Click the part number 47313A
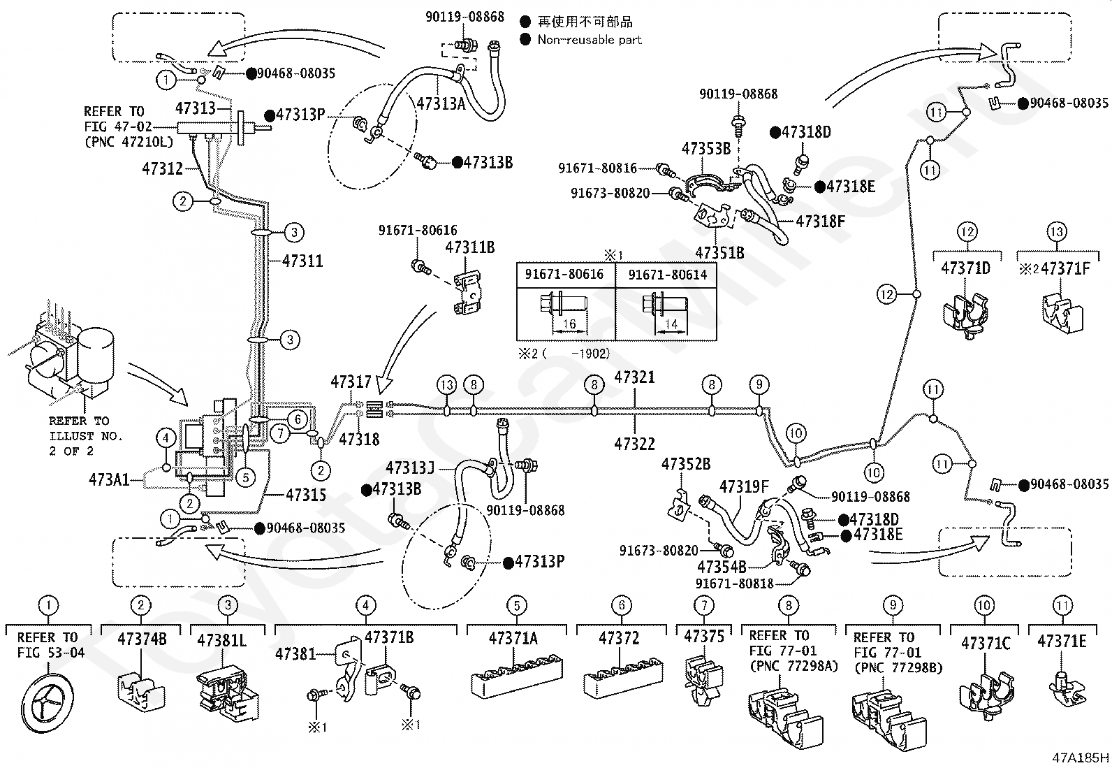pyautogui.click(x=441, y=104)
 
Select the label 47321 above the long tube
pyautogui.click(x=634, y=377)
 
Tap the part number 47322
pyautogui.click(x=634, y=444)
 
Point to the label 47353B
pyautogui.click(x=706, y=148)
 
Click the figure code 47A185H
pyautogui.click(x=1081, y=758)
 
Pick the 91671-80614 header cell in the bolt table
pyautogui.click(x=667, y=275)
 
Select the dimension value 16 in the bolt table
pyautogui.click(x=569, y=324)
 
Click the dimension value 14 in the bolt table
pyautogui.click(x=671, y=324)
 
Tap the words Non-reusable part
pyautogui.click(x=590, y=40)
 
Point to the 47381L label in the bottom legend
pyautogui.click(x=221, y=640)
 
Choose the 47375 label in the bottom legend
pyautogui.click(x=704, y=637)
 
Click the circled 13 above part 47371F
pyautogui.click(x=1056, y=231)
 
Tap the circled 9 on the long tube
pyautogui.click(x=759, y=384)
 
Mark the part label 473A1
pyautogui.click(x=109, y=479)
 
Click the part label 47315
pyautogui.click(x=306, y=495)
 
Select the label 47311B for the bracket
pyautogui.click(x=469, y=247)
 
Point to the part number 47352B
pyautogui.click(x=685, y=464)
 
